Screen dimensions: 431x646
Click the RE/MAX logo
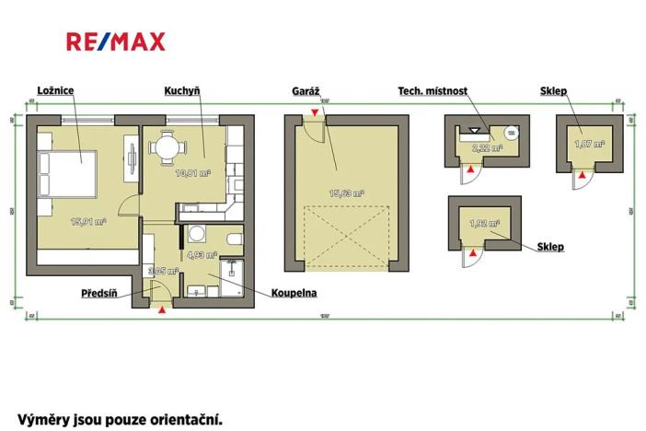[x=115, y=41]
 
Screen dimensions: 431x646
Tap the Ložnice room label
[x=56, y=89]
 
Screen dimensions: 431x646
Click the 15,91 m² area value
[x=89, y=221]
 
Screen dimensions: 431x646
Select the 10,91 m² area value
[x=193, y=172]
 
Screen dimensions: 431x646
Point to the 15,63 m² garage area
[x=347, y=193]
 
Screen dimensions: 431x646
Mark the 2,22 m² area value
[x=487, y=146]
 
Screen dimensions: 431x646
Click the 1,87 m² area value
[x=589, y=144]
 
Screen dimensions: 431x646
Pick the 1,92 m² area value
[x=484, y=223]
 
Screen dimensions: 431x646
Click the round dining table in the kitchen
[x=167, y=146]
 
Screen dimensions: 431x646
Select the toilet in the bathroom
[x=235, y=241]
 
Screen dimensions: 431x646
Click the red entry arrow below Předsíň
[x=163, y=311]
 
